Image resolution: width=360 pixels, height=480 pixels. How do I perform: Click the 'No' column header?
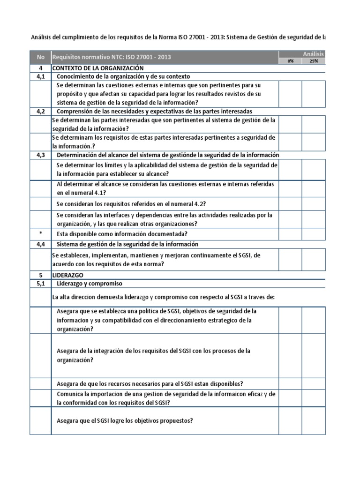click(x=41, y=57)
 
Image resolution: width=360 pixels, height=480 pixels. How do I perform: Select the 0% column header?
click(x=291, y=61)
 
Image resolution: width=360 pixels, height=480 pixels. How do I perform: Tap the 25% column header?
click(x=313, y=61)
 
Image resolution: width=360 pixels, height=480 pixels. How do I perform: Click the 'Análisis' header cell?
click(x=313, y=54)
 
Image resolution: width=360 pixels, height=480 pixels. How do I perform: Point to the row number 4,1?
click(x=41, y=76)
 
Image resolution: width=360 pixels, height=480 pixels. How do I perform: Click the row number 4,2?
click(x=41, y=111)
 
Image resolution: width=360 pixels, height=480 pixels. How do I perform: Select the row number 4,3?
click(x=41, y=155)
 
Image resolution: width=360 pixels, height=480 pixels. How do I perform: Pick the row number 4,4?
click(x=41, y=244)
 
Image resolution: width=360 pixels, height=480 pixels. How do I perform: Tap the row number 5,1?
click(x=41, y=284)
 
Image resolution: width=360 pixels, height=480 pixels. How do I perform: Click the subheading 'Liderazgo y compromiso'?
click(x=89, y=284)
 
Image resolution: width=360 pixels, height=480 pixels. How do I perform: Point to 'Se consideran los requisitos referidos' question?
click(x=131, y=204)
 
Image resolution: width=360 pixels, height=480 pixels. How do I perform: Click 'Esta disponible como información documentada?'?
click(x=122, y=234)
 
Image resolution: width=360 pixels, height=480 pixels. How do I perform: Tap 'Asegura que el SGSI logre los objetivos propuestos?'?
click(x=125, y=420)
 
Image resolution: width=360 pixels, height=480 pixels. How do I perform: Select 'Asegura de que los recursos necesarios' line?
click(x=150, y=383)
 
